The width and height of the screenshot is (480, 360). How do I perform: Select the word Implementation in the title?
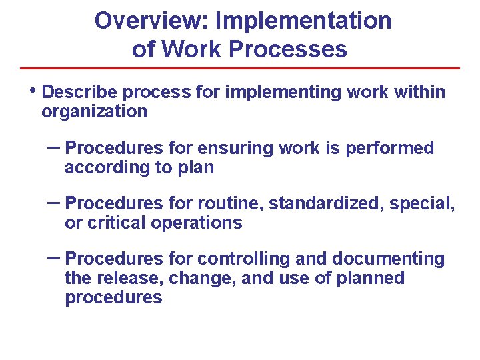click(303, 21)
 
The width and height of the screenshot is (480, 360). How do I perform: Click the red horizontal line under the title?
click(240, 68)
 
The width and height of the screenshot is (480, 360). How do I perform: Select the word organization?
click(94, 111)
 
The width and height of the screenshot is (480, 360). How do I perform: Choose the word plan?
click(195, 167)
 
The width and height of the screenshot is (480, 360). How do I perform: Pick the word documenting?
click(388, 259)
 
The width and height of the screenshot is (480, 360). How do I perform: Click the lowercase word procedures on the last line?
click(113, 297)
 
